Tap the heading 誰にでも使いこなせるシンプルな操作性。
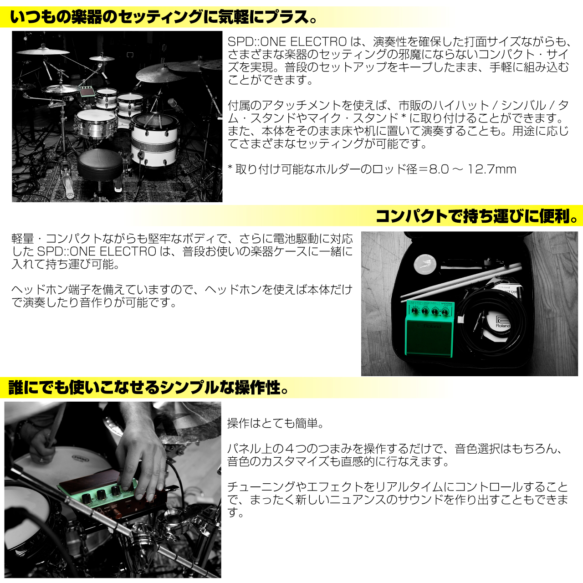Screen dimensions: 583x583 point(148,388)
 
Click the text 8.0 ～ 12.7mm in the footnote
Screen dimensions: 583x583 point(472,169)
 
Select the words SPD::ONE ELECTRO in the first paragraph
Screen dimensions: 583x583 point(287,41)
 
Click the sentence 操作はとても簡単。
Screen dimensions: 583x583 point(275,423)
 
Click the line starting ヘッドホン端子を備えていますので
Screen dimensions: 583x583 point(182,290)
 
